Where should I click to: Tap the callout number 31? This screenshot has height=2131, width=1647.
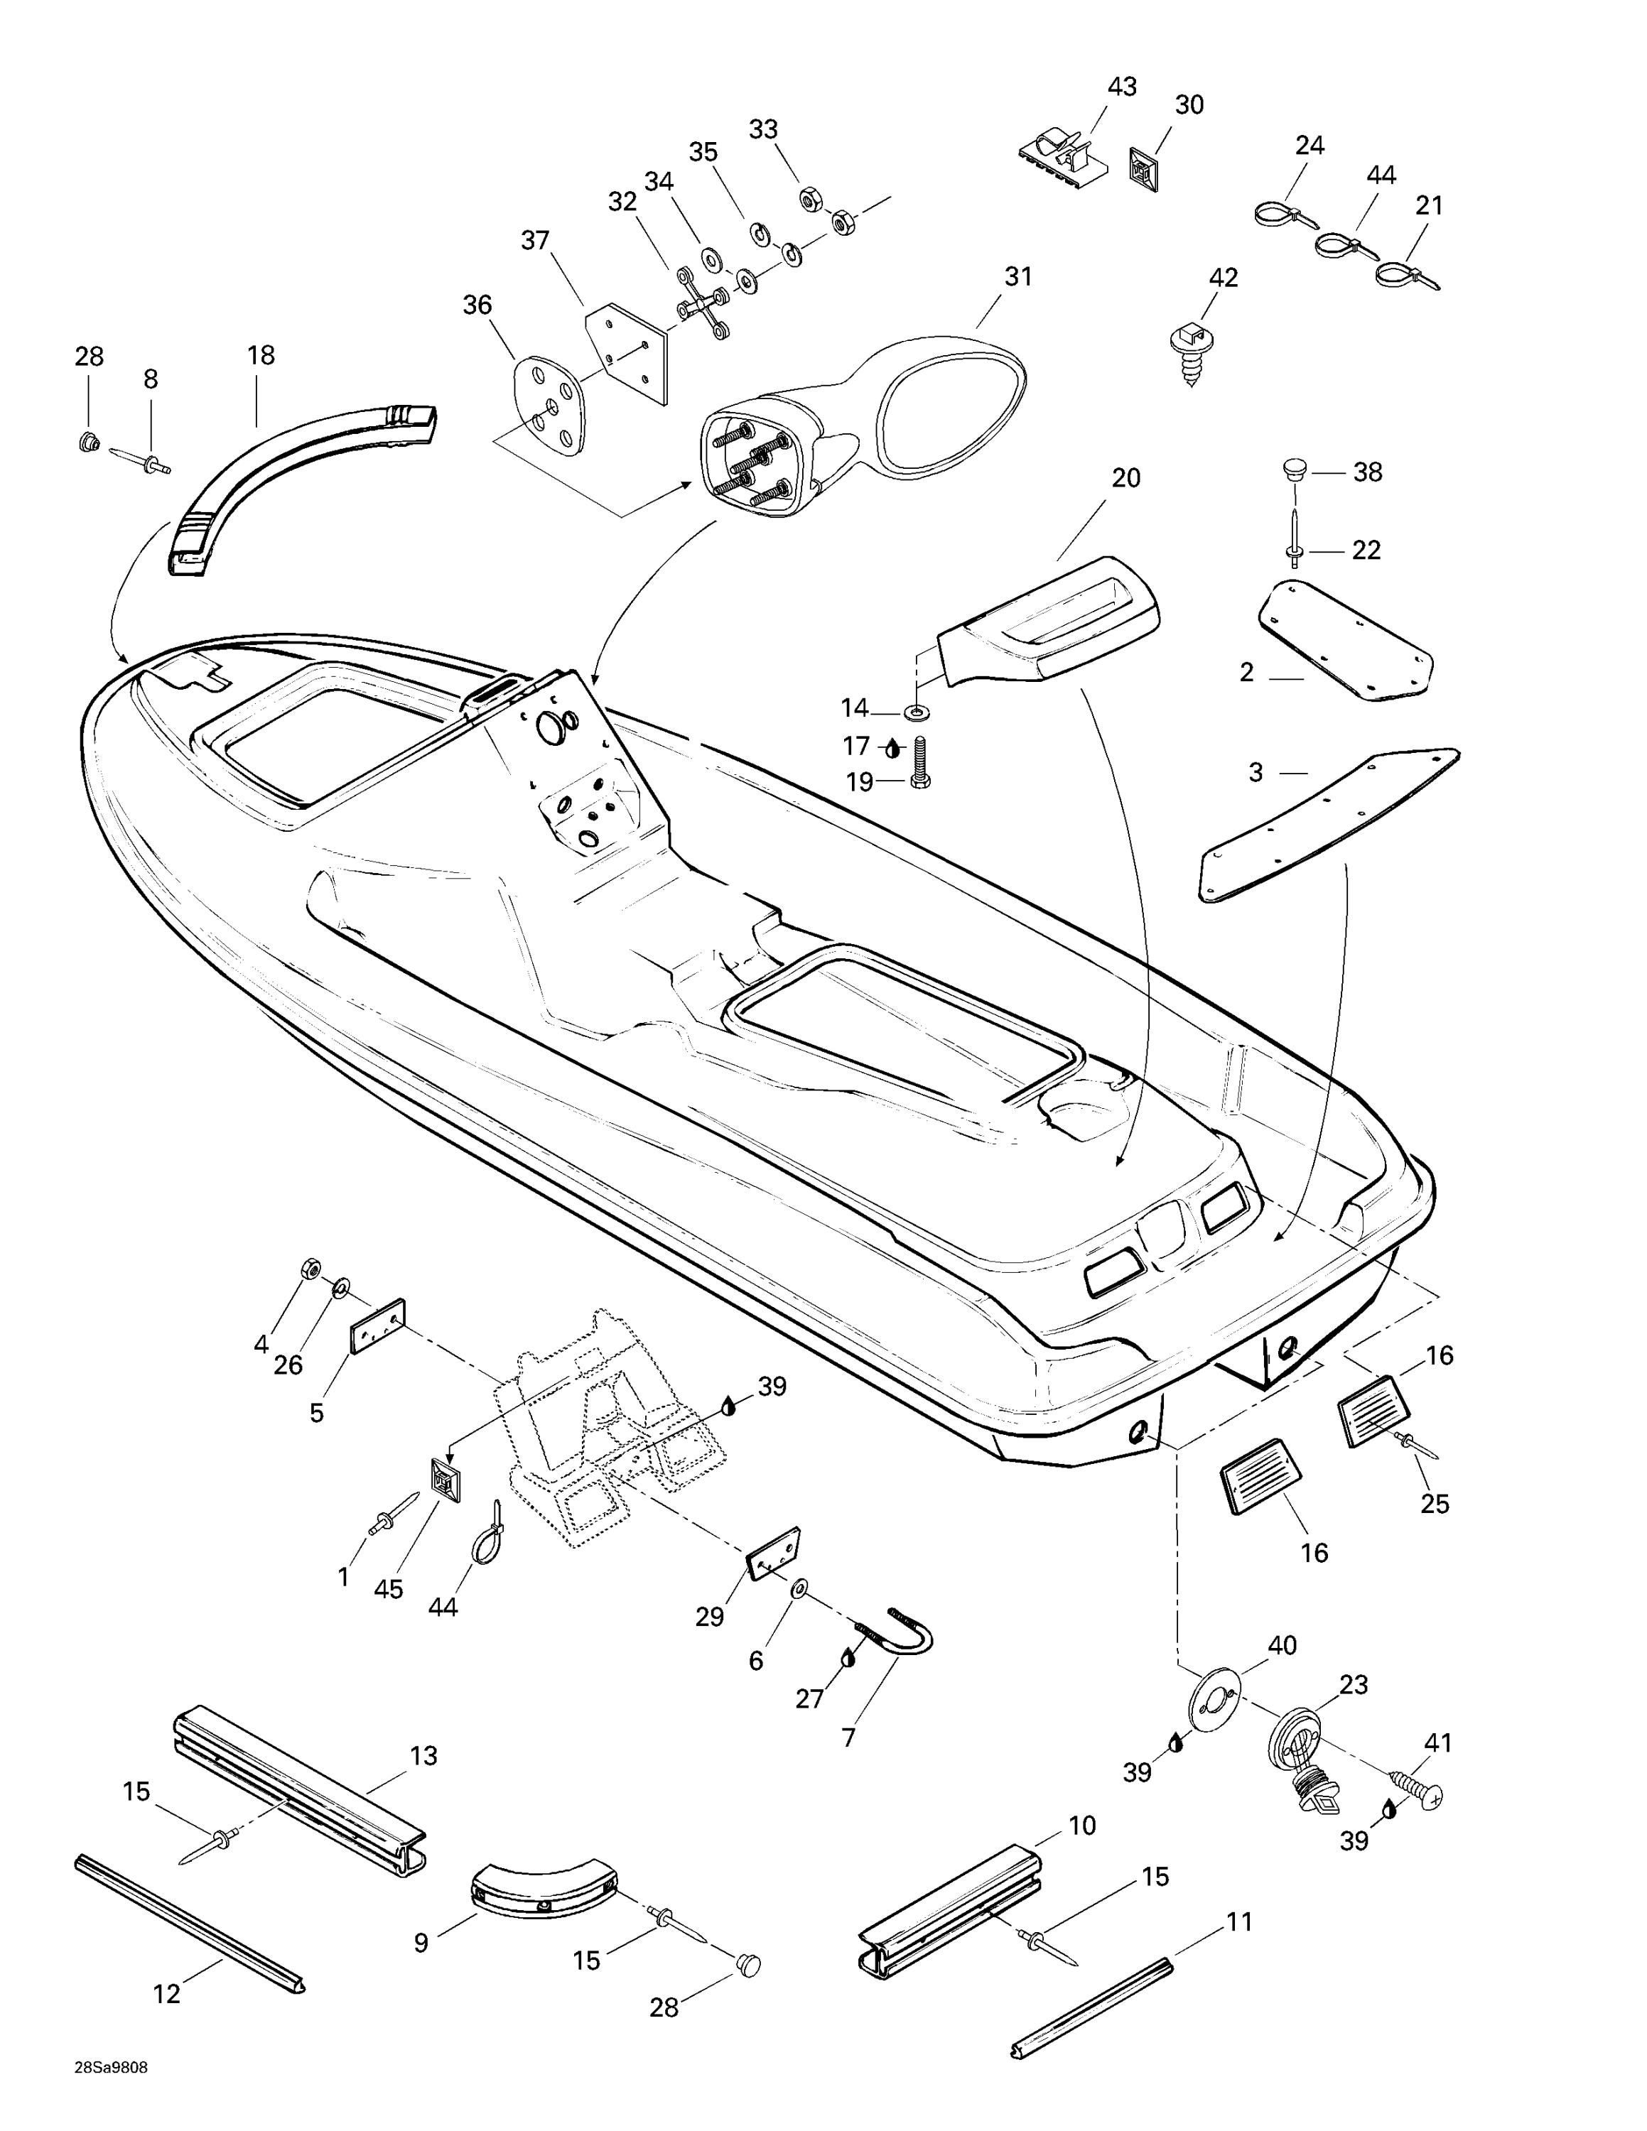(1017, 277)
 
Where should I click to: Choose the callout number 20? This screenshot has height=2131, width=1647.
(1126, 478)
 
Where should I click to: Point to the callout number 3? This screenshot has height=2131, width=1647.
(1255, 773)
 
